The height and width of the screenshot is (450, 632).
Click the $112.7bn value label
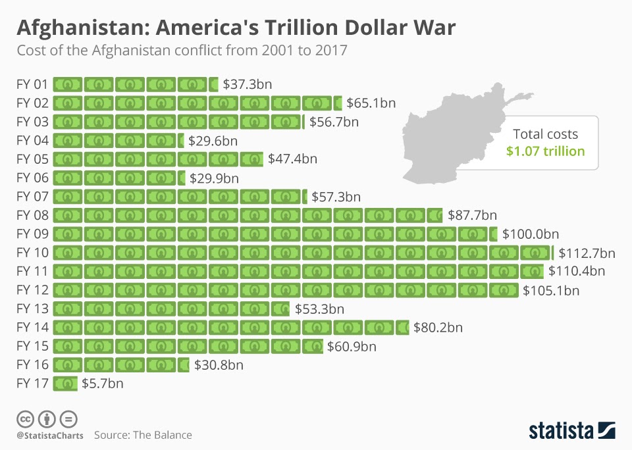pos(587,253)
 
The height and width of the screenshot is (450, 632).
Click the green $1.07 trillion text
pos(545,151)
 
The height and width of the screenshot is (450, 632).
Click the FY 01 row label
pos(32,84)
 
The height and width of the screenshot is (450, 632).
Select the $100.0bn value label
pos(531,234)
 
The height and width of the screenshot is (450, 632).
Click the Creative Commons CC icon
pos(25,418)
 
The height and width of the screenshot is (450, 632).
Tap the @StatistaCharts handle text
pos(50,436)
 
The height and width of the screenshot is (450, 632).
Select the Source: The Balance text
pos(143,435)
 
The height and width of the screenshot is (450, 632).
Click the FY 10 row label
pos(32,253)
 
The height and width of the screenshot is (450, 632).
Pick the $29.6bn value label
pos(213,141)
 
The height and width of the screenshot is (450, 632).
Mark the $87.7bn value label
pos(472,216)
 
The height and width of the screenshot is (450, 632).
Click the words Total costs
pos(545,134)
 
